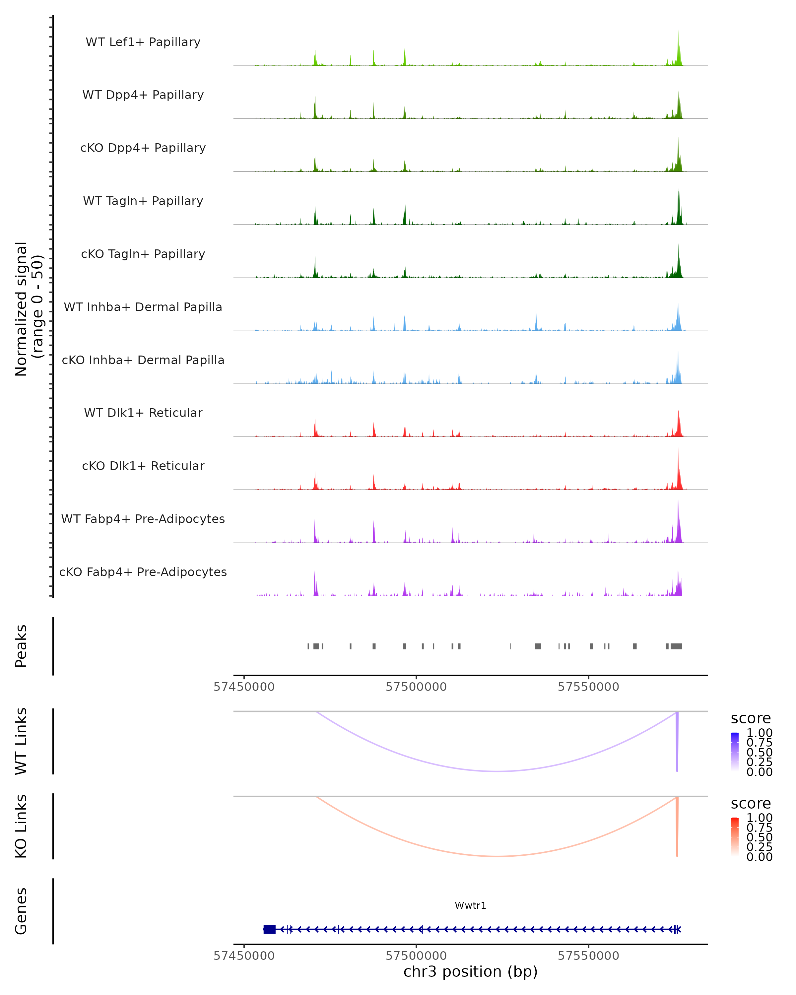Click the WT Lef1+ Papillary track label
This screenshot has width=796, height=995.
pos(143,42)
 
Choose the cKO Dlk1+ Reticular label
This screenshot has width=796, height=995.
pos(143,466)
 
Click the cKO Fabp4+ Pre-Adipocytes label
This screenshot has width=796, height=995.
pos(143,572)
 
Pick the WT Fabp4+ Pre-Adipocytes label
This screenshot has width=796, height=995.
pos(143,519)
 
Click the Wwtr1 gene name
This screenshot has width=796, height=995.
pos(470,905)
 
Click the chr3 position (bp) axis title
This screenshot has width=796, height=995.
pos(470,971)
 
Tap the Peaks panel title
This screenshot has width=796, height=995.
pos(21,646)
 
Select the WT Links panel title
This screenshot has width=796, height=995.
pos(21,741)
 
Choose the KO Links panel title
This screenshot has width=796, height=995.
pos(21,826)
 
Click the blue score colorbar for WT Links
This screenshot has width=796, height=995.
pos(735,751)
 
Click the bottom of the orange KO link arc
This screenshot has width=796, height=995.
pos(497,856)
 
